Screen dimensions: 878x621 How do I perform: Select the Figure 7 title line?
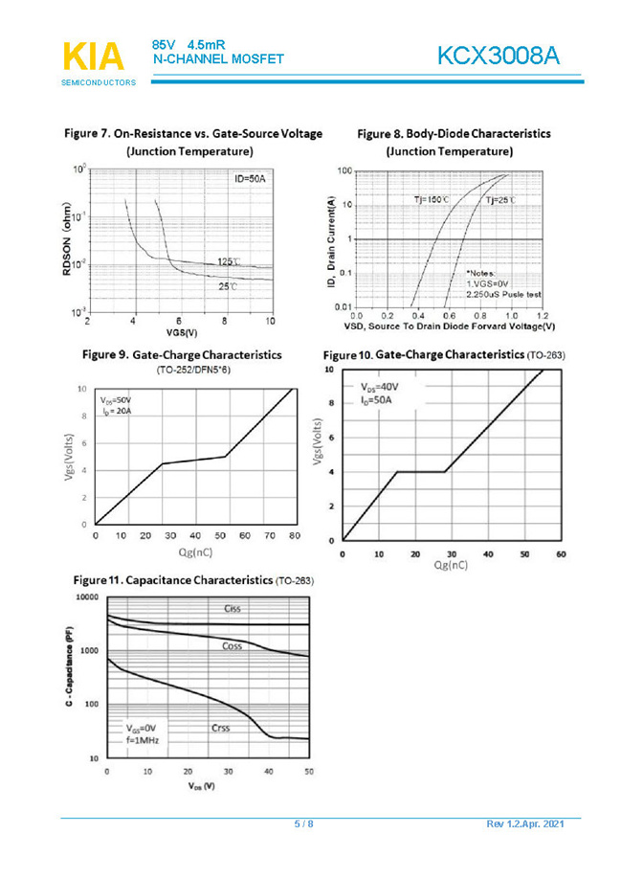pos(192,133)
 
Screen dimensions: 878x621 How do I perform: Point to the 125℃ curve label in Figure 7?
pos(229,261)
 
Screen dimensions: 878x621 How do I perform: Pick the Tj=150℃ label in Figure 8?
pos(432,199)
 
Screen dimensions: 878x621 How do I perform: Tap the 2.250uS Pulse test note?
pos(504,295)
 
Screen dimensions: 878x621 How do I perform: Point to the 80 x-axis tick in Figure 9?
pos(294,536)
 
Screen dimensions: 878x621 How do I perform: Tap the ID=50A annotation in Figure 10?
pos(377,400)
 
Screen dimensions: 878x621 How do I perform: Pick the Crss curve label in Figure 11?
pos(223,728)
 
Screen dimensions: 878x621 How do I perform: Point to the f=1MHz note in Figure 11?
pos(141,741)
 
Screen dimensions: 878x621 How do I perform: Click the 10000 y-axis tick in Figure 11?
pos(86,596)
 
